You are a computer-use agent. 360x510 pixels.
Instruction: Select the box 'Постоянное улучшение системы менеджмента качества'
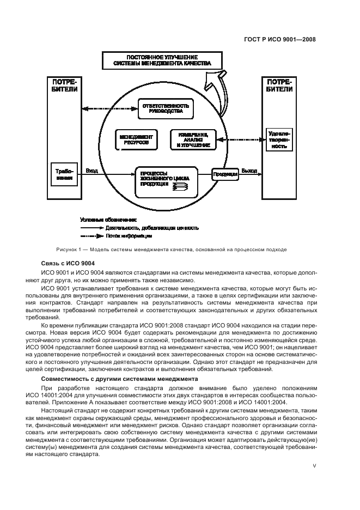tap(162, 60)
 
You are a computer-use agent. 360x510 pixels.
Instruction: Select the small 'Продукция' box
tap(225, 174)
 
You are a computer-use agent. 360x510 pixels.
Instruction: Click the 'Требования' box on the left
tap(64, 174)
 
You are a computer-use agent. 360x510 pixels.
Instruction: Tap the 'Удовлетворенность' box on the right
tap(279, 139)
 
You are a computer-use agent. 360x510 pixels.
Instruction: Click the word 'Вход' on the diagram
tap(91, 171)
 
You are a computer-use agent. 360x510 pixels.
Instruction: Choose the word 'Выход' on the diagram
tap(249, 171)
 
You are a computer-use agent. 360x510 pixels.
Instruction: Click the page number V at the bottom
tap(314, 466)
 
